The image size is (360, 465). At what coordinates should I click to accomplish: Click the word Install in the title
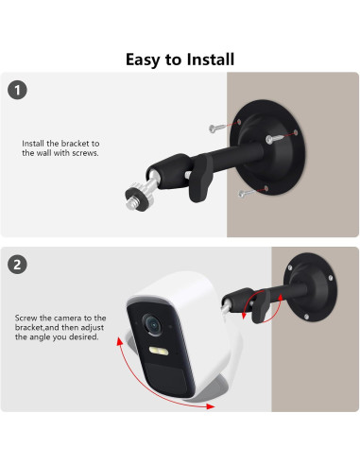207,60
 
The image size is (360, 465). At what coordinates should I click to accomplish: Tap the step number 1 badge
15,91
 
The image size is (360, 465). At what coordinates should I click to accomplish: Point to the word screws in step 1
84,152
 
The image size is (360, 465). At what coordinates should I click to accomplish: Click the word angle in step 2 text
59,337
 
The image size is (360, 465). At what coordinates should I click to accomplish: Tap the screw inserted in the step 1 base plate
275,141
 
